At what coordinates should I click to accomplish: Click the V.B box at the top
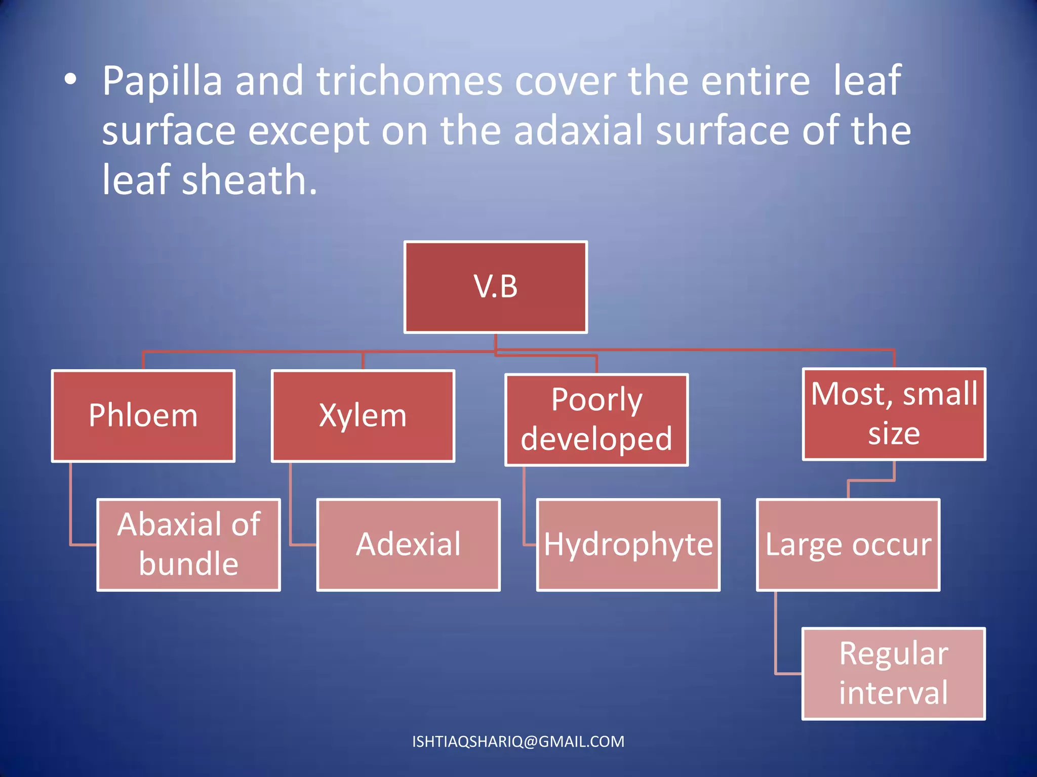click(495, 287)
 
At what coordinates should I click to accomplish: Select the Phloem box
click(143, 416)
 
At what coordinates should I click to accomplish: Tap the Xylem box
click(363, 416)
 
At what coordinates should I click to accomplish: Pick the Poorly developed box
click(596, 419)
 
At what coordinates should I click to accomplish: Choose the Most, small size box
click(894, 414)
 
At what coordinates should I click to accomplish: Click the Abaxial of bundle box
click(188, 544)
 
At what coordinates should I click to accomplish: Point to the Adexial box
click(408, 544)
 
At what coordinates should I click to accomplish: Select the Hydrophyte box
click(628, 544)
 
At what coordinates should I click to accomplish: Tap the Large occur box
click(848, 544)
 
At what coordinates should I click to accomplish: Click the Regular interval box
click(893, 673)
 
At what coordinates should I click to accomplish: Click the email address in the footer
click(518, 742)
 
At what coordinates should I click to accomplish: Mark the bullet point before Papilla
click(70, 79)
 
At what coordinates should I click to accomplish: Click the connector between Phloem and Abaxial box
click(71, 506)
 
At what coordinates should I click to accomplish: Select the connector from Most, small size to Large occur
click(871, 481)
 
